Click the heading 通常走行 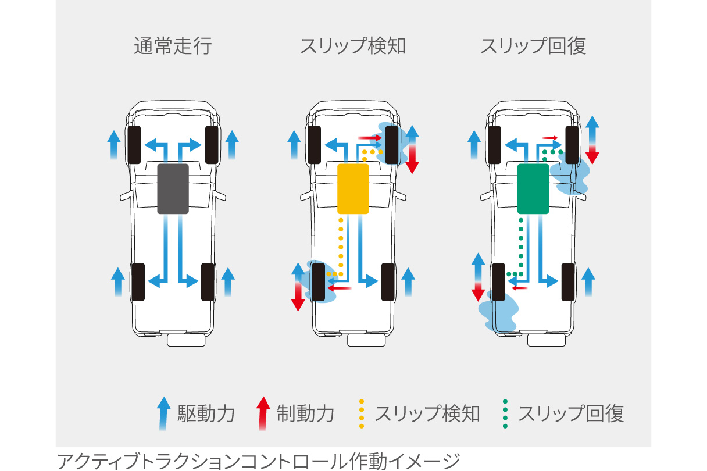[173, 47]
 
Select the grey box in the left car [173, 188]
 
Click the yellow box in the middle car [353, 188]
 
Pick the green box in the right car [533, 188]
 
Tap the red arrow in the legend [263, 413]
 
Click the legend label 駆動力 [206, 414]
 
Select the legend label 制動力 [306, 414]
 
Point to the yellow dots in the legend [362, 414]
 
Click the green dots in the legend [505, 414]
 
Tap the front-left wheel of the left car [134, 144]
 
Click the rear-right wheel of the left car [208, 282]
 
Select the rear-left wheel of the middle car [318, 282]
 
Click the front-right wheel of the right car [572, 144]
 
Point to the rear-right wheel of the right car [568, 282]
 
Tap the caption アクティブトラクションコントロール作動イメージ [258, 461]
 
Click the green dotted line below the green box [521, 244]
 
